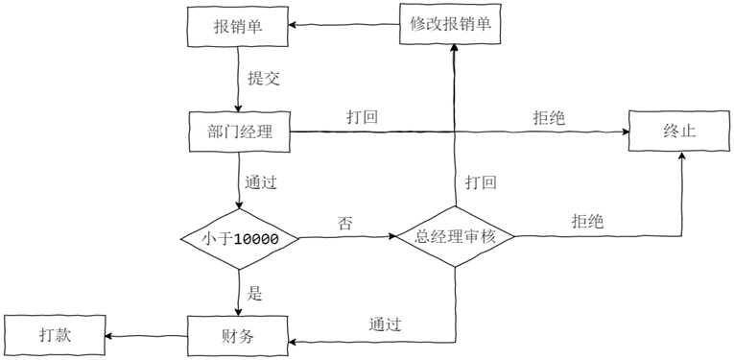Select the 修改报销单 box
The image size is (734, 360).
tap(452, 24)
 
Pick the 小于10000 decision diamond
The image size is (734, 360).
tap(237, 235)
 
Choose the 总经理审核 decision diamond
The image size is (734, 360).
tap(454, 235)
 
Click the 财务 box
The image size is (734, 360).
tap(237, 335)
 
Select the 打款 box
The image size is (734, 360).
tap(55, 335)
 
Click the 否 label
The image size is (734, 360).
tap(344, 223)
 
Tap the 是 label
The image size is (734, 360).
tap(254, 293)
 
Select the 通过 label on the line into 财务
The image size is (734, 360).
tap(384, 324)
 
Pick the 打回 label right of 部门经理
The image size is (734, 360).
tap(361, 117)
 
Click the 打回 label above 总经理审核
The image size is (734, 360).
tap(480, 182)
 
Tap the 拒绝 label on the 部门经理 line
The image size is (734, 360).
tap(548, 117)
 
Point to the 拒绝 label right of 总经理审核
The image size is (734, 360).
tap(587, 221)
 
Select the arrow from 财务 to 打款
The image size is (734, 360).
tap(144, 335)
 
